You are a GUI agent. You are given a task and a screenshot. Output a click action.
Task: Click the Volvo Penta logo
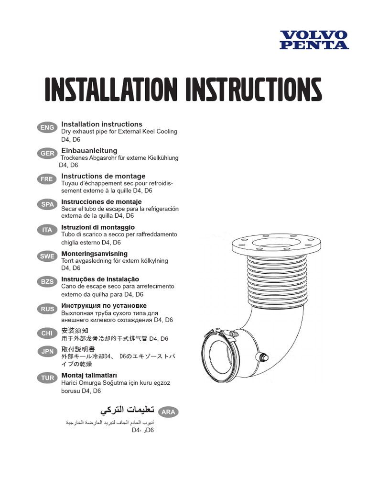click(314, 40)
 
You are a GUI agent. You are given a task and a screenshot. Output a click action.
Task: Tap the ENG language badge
click(47, 127)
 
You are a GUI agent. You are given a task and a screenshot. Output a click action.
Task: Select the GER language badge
click(47, 154)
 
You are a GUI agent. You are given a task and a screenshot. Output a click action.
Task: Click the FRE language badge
click(47, 179)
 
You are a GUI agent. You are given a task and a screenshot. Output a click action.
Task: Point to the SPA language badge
click(47, 204)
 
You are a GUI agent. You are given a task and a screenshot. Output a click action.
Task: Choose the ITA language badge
click(47, 230)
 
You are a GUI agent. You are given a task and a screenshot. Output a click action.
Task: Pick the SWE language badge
click(47, 256)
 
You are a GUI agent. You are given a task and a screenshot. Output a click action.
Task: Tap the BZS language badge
click(47, 281)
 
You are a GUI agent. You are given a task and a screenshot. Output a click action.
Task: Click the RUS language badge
click(47, 309)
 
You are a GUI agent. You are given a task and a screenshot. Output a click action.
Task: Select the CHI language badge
click(47, 333)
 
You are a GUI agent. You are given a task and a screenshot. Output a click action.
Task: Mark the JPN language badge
click(47, 352)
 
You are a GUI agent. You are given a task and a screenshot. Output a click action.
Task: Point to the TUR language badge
click(47, 378)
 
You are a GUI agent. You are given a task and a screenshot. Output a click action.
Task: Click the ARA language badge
click(168, 412)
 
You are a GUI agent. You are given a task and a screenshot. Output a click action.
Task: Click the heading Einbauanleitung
click(89, 151)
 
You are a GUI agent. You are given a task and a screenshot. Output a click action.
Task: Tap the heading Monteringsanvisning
click(94, 254)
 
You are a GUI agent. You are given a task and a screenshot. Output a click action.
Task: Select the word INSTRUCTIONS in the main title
click(254, 89)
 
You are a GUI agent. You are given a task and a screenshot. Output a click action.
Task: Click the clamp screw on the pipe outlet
click(232, 334)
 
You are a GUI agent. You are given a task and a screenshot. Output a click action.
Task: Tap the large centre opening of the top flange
click(275, 243)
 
